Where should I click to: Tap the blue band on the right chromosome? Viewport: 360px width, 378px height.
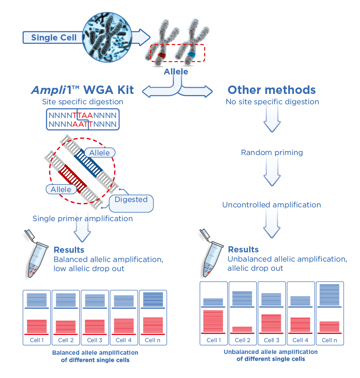click(190, 56)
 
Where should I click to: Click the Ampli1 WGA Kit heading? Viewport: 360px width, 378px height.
click(82, 90)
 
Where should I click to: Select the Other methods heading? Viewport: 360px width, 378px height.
click(271, 90)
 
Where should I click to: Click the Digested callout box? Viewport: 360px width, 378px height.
click(131, 200)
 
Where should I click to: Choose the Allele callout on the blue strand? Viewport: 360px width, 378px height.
click(99, 153)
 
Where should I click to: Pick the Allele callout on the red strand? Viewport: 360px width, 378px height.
click(61, 189)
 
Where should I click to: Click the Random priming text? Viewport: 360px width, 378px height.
click(271, 153)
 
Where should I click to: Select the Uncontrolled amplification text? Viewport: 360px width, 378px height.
click(271, 205)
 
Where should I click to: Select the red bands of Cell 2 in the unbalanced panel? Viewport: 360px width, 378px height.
click(242, 329)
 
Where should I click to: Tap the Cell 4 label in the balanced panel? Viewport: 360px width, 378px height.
click(124, 340)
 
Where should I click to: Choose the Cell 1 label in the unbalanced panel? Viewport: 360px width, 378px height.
click(214, 340)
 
